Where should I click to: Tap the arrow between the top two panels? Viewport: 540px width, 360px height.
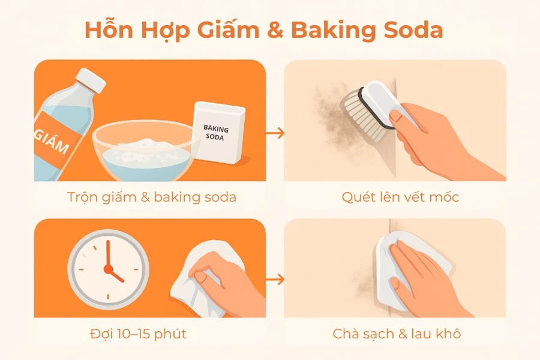click(275, 133)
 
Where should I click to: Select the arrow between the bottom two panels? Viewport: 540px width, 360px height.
click(275, 280)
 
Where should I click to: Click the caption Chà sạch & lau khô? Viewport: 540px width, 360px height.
click(397, 334)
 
